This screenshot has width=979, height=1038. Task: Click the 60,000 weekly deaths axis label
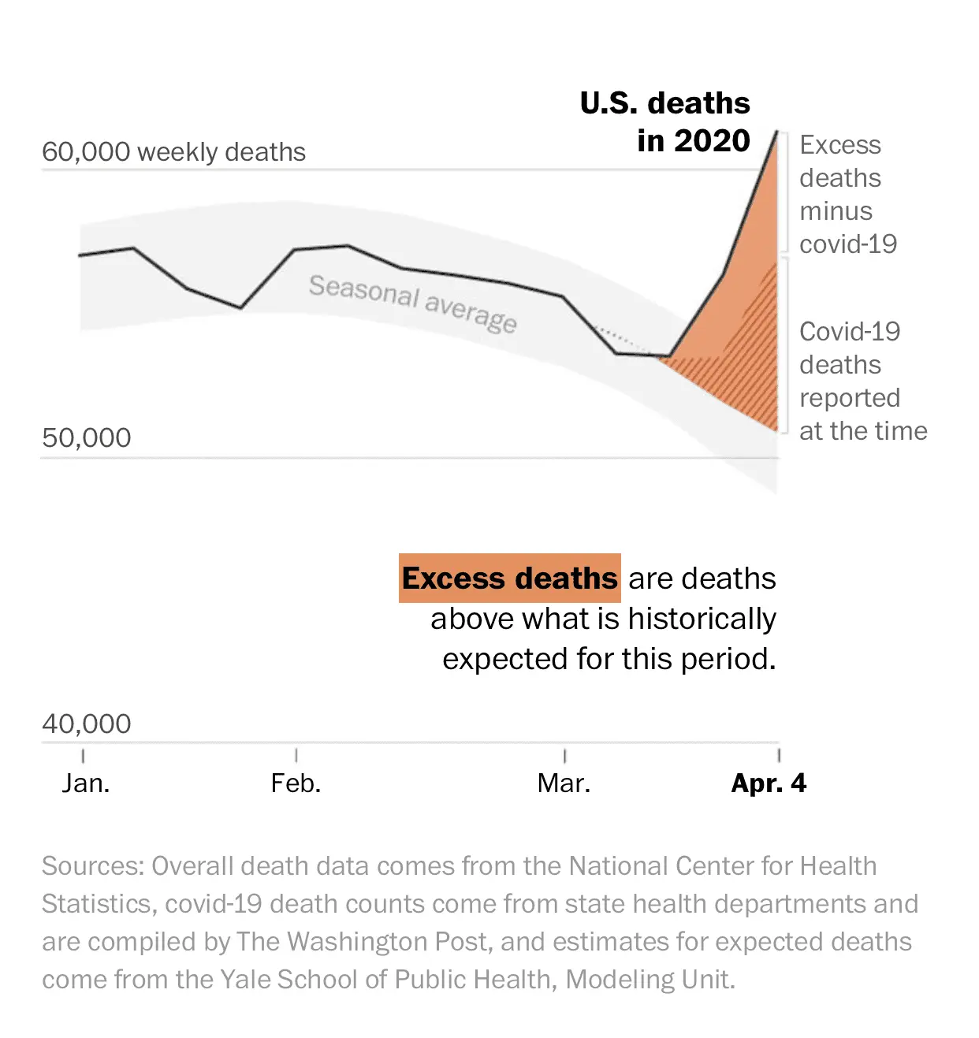click(x=173, y=151)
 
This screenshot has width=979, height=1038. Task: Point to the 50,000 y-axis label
click(x=87, y=437)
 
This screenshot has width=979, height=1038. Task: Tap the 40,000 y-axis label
click(x=87, y=724)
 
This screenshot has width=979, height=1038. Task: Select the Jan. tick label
click(x=86, y=783)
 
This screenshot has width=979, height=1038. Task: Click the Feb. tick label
click(x=296, y=783)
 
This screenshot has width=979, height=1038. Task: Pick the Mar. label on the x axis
click(x=564, y=783)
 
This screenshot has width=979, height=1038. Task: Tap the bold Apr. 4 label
click(x=769, y=783)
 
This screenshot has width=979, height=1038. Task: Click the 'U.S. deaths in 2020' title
click(x=666, y=122)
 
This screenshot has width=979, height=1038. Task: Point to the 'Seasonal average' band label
click(x=412, y=303)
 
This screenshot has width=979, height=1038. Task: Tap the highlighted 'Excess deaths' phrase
click(x=510, y=579)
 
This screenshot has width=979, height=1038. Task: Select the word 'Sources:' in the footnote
click(x=93, y=866)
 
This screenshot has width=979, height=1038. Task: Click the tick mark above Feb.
click(x=296, y=755)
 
